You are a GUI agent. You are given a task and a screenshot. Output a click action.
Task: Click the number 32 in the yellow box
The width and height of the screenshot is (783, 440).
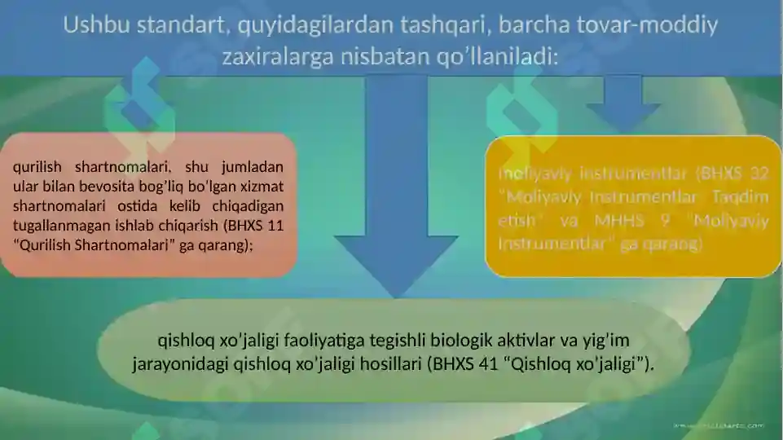click(759, 173)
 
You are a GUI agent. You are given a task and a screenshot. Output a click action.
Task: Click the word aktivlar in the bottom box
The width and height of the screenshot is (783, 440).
click(521, 338)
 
